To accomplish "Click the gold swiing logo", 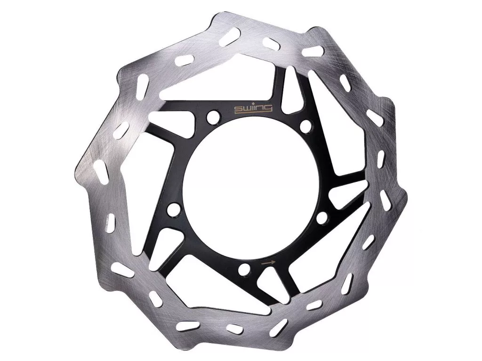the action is pos(254,109).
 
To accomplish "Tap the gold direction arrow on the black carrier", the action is pos(267,263).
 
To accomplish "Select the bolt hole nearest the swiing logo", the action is pos(213,118).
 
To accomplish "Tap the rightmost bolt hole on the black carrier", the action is pos(321,219).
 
